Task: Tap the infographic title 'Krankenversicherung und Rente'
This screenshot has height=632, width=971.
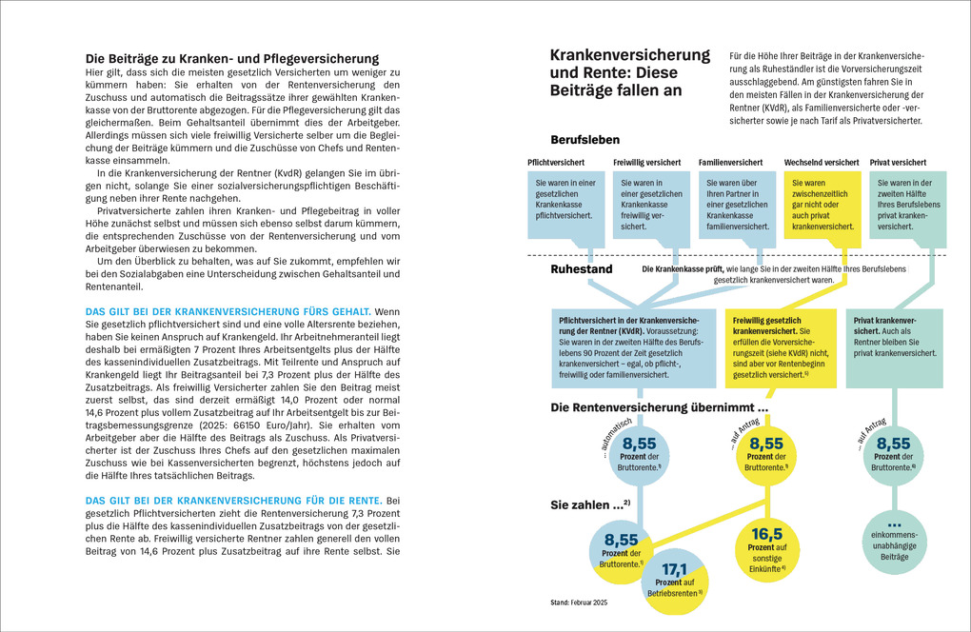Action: pos(629,72)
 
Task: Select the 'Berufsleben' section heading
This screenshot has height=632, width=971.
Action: pos(585,140)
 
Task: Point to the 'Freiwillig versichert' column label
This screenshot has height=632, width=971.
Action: pos(647,163)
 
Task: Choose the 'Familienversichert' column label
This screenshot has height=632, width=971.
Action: pos(731,163)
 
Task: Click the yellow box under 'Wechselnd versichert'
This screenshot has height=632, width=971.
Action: pos(821,206)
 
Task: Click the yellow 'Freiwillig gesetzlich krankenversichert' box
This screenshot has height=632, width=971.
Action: pos(780,346)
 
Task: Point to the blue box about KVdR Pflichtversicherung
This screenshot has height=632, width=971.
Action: pos(632,346)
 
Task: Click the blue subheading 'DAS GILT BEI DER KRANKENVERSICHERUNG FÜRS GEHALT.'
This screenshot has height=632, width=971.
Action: pos(228,311)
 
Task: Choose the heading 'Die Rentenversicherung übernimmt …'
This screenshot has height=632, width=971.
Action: pos(660,407)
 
